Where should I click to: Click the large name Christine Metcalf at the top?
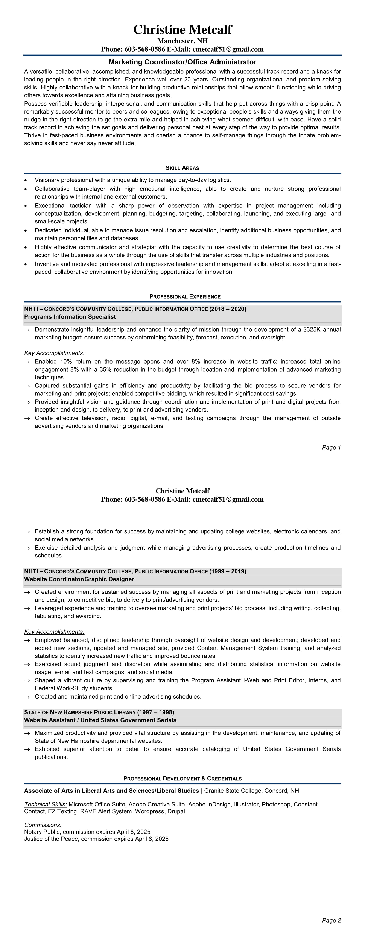coord(182,30)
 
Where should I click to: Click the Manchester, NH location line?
coord(182,41)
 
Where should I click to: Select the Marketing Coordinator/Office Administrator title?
coord(182,62)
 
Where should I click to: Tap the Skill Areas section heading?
coord(182,168)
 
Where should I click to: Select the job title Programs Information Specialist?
coord(70,316)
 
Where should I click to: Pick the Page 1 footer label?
coord(331,447)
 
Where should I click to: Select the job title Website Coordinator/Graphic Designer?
coord(79,579)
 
